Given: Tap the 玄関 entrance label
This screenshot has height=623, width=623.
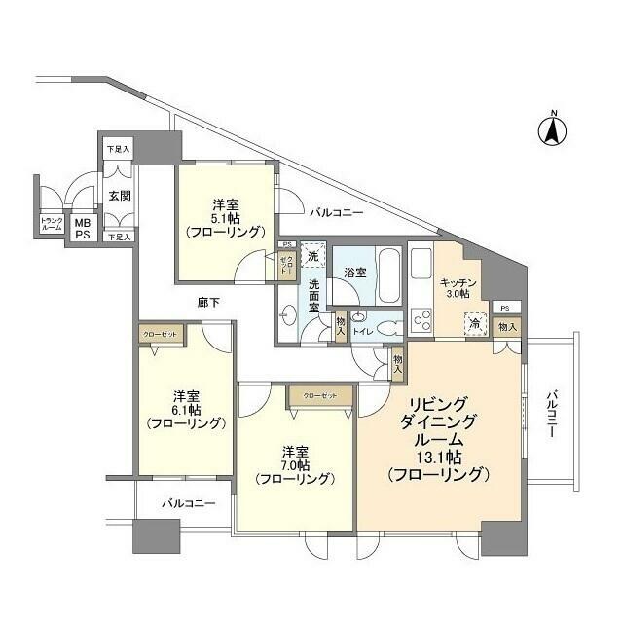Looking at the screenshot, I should pyautogui.click(x=120, y=195).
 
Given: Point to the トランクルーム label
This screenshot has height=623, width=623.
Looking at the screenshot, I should pyautogui.click(x=52, y=224).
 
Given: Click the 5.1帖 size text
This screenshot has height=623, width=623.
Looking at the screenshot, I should pyautogui.click(x=226, y=219).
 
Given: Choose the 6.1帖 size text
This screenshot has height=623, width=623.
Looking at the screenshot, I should pyautogui.click(x=186, y=410).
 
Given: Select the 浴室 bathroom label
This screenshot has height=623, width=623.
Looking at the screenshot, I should pyautogui.click(x=355, y=273).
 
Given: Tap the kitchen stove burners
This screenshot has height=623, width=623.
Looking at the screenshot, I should pyautogui.click(x=421, y=318).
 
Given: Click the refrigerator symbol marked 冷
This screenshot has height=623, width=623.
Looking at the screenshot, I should pyautogui.click(x=474, y=324).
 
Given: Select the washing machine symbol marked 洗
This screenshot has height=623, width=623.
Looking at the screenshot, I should pyautogui.click(x=311, y=255).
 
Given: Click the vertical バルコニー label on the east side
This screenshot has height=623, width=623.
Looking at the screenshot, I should pyautogui.click(x=549, y=414).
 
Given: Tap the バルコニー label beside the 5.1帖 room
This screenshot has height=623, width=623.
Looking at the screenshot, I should pyautogui.click(x=336, y=211).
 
